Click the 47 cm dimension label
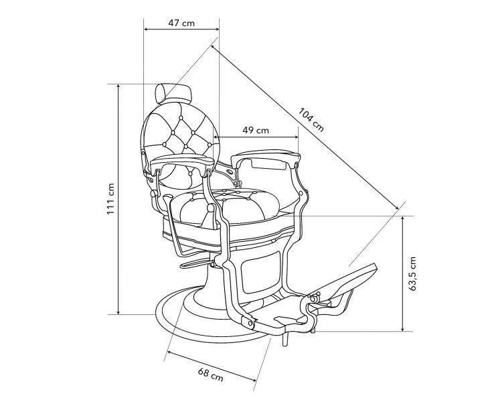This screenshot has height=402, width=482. click(x=181, y=23)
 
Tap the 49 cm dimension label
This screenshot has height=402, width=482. click(x=256, y=129)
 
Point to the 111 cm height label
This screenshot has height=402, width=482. click(x=111, y=199)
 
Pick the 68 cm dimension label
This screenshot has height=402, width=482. click(x=210, y=375)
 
